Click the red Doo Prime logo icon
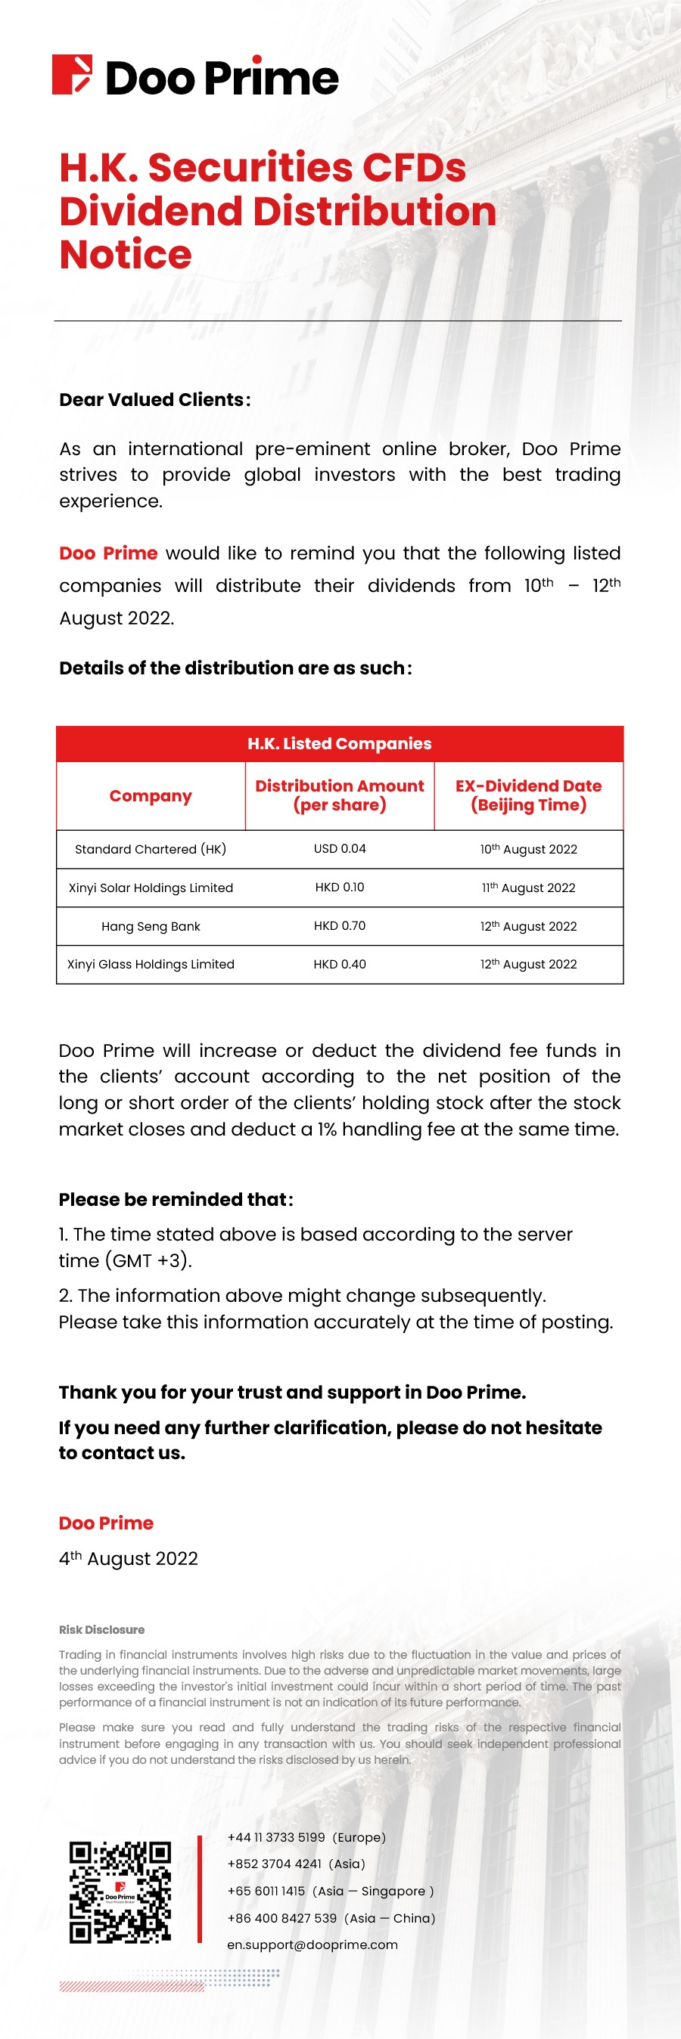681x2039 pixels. (71, 75)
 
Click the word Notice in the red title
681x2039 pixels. (125, 255)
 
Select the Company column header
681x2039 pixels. (151, 795)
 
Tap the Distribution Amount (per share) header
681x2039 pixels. (340, 795)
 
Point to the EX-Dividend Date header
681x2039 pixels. (528, 795)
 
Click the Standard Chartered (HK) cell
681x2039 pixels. (151, 849)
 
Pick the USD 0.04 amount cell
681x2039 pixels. (340, 848)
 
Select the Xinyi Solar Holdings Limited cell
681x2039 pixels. (151, 888)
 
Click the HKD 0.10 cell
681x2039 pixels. (340, 888)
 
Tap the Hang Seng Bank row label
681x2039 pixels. (151, 926)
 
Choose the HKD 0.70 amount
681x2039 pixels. (340, 925)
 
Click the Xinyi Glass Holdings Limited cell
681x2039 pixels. (151, 964)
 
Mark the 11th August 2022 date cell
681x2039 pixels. (528, 888)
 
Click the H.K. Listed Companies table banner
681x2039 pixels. (340, 743)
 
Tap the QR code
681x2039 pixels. (120, 1892)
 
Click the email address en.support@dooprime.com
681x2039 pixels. (312, 1944)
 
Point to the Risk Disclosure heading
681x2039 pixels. (101, 1630)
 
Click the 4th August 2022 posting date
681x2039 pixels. (129, 1558)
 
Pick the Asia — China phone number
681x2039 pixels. (331, 1918)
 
